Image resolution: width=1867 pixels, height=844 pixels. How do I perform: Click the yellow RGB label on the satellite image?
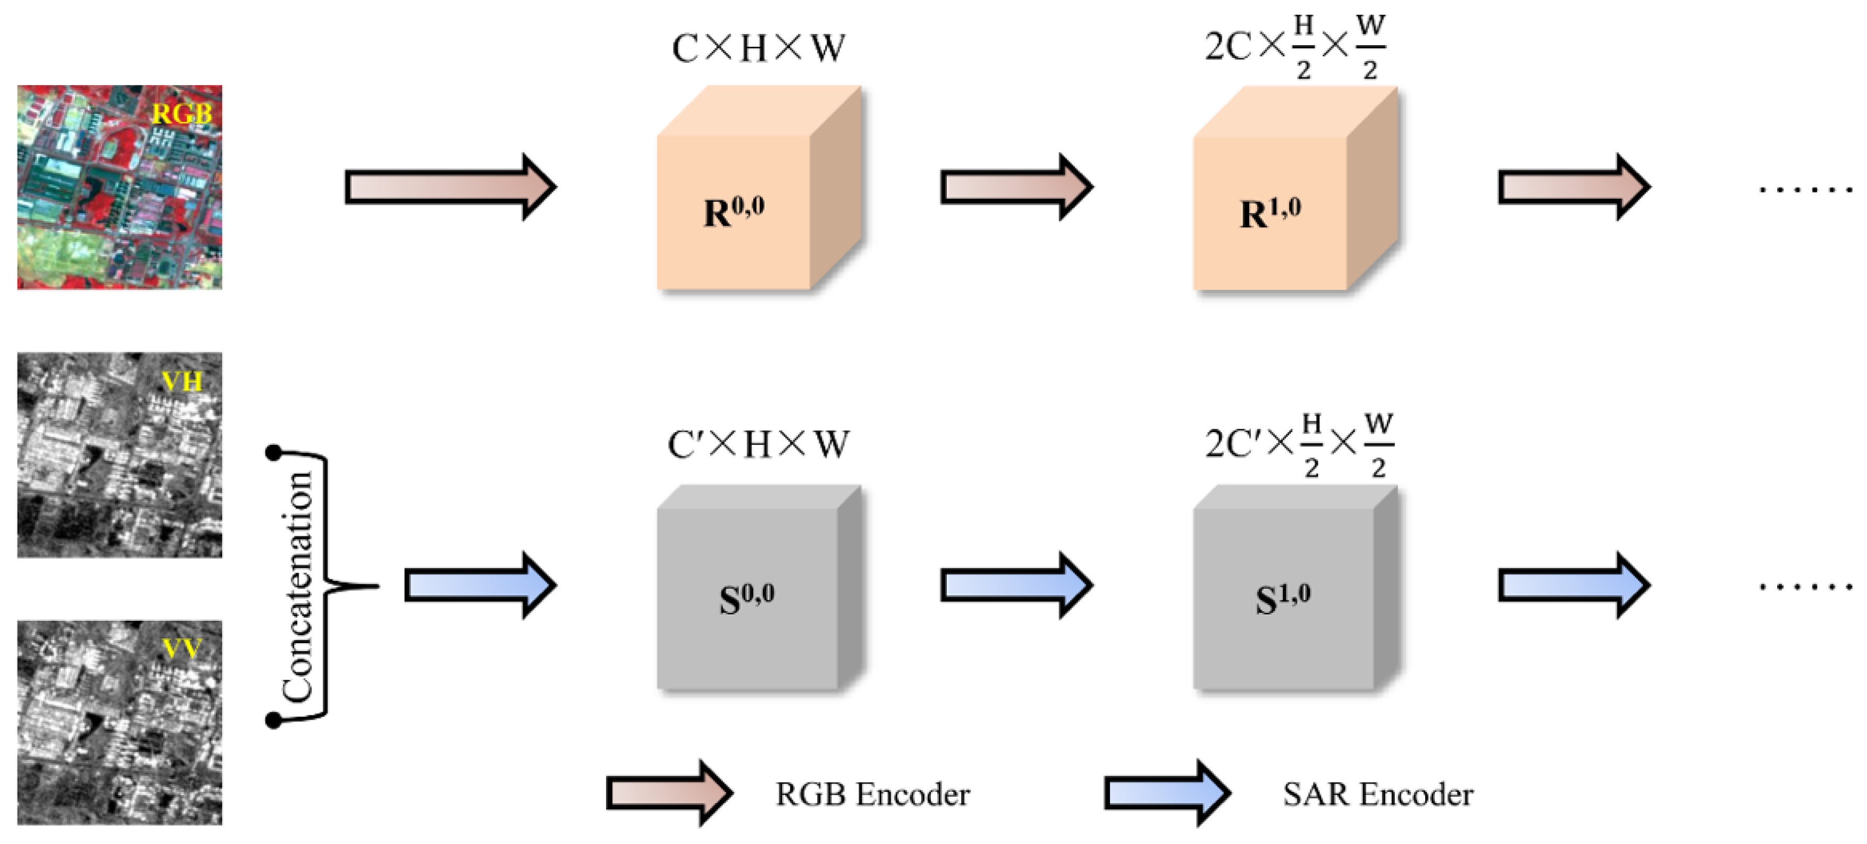181,114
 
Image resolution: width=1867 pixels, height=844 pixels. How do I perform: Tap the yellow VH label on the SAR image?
181,382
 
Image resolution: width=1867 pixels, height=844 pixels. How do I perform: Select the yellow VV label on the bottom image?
181,649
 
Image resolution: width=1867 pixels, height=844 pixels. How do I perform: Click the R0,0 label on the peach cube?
734,212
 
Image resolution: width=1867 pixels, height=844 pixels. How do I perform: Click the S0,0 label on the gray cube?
746,598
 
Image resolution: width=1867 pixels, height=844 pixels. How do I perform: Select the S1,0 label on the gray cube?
1282,598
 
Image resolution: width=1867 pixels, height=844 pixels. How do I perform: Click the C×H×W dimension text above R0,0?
758,48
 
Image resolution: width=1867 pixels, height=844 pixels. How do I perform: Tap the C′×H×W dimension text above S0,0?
758,444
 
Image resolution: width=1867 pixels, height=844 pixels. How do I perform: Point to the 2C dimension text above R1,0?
1228,47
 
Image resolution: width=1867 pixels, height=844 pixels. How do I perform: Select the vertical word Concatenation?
298,587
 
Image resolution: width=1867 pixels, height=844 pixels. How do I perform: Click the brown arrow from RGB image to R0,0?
449,187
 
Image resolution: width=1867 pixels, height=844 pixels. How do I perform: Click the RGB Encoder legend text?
872,795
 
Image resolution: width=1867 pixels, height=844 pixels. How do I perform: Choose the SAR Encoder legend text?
1377,795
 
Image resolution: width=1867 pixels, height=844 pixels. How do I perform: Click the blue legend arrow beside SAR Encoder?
1167,794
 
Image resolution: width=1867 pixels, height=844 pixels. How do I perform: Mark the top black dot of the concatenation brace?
273,453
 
